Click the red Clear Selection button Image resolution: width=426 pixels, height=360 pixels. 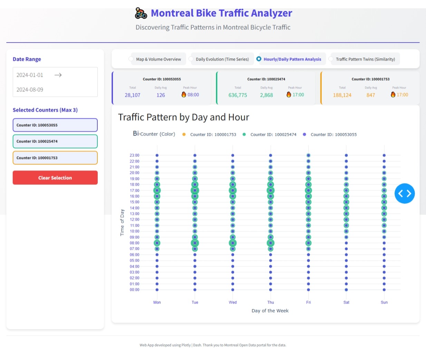55,178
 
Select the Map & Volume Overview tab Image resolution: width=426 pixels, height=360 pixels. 158,59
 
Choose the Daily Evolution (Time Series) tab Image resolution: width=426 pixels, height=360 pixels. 222,59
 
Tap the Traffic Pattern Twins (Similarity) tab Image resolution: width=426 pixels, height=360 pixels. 365,59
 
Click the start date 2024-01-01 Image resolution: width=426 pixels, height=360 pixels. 30,75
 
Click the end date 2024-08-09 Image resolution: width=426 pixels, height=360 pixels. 30,89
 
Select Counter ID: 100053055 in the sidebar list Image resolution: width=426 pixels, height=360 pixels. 55,125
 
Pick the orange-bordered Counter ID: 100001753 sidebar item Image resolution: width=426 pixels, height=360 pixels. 55,158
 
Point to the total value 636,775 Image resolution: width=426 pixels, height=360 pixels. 238,95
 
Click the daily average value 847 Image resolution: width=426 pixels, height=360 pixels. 370,95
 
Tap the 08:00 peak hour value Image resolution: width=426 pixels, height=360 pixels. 193,95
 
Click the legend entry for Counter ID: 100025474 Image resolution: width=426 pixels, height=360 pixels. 273,134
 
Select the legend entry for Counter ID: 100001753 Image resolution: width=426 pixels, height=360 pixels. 213,134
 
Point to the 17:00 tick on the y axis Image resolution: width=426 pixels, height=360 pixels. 135,190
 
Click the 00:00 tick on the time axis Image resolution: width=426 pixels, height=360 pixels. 135,290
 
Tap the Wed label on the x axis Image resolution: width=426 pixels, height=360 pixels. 233,302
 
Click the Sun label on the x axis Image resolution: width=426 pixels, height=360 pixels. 384,302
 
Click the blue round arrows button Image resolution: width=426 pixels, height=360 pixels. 404,193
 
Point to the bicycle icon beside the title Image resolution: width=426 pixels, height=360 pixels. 141,13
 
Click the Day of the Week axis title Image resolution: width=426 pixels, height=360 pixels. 270,311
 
